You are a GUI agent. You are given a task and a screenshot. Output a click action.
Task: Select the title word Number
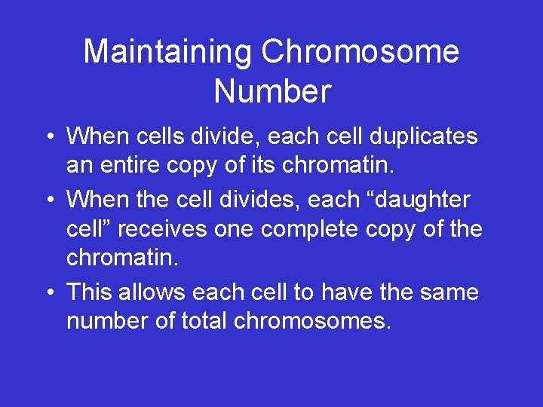point(272,91)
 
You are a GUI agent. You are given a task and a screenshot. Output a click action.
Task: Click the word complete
point(321,228)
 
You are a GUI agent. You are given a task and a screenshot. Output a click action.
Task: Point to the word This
point(90,292)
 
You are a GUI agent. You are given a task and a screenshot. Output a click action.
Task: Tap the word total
point(204,321)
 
